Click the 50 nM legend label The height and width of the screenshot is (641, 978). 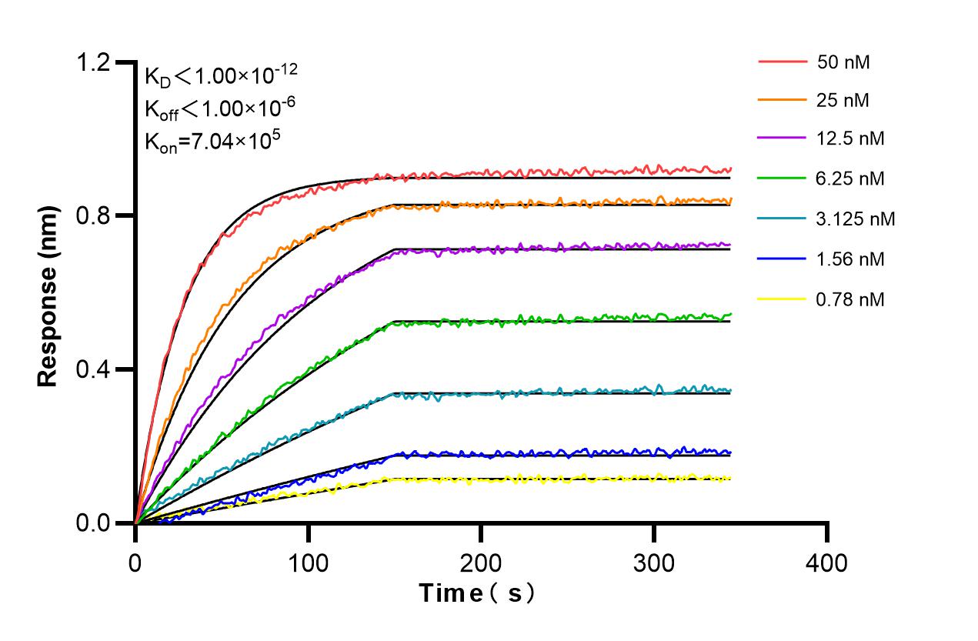click(x=843, y=62)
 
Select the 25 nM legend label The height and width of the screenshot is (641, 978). click(x=843, y=99)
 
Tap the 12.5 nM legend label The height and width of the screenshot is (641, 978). click(x=850, y=139)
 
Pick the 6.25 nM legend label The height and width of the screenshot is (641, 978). click(x=850, y=179)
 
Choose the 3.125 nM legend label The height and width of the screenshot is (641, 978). click(x=856, y=219)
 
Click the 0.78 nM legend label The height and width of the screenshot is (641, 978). click(x=850, y=299)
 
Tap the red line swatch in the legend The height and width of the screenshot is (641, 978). click(x=783, y=60)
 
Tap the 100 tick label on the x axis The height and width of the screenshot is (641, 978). click(x=308, y=563)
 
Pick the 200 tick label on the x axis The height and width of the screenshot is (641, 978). click(x=481, y=563)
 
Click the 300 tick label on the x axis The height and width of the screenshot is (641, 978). click(x=654, y=563)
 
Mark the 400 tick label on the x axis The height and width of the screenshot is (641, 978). click(x=827, y=563)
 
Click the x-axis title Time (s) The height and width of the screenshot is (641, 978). click(x=477, y=593)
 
